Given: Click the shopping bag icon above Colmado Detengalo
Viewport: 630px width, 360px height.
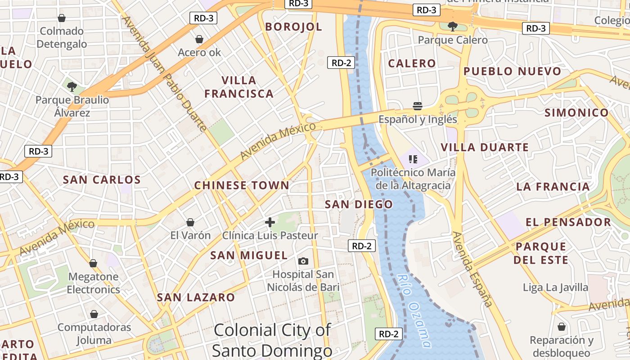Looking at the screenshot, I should point(62,18).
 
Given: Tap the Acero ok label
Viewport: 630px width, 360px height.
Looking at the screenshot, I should point(199,52).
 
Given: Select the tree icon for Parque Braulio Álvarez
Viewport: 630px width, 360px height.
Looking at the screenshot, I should point(72,86).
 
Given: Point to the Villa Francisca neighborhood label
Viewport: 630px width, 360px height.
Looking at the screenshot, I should point(238,87).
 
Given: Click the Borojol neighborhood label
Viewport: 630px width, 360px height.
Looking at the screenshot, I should point(293,27).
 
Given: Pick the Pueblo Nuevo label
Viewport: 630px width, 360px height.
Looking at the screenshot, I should point(513,71).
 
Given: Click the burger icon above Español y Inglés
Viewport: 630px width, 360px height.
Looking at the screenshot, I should point(418,106).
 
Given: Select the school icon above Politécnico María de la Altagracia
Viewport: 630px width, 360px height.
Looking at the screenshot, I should point(413,159).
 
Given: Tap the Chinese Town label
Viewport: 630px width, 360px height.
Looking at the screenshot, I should point(242,185).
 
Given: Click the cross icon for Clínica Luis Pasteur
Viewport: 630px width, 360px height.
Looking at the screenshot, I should point(270,222).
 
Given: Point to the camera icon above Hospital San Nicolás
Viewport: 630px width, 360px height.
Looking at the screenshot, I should point(303,261).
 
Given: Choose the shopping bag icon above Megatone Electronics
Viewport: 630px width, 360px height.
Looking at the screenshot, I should point(93,263).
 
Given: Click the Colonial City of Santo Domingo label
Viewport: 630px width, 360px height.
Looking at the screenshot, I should point(272,340).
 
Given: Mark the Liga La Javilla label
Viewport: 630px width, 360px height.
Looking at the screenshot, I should point(555,287).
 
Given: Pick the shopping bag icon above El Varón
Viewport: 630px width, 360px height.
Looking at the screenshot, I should point(190,222).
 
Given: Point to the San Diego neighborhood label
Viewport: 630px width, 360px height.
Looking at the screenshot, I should point(359,204).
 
